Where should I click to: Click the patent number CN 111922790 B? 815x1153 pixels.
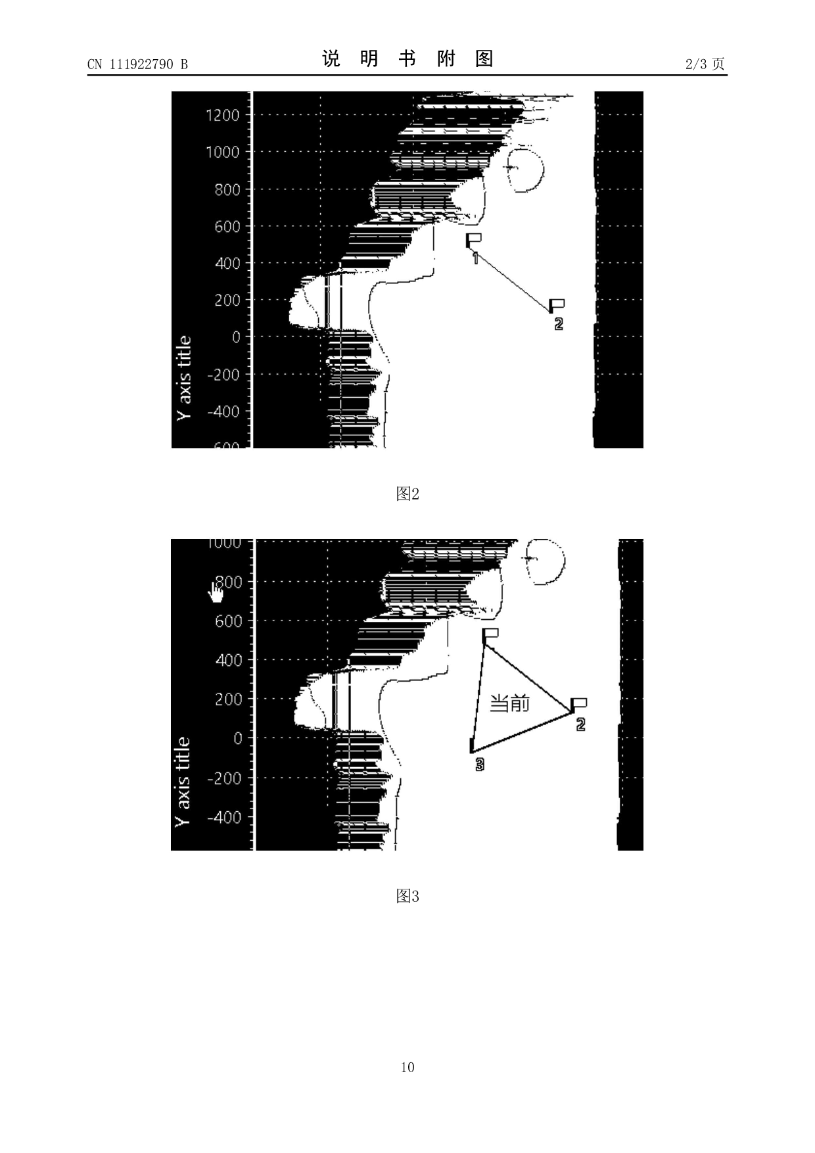(x=137, y=64)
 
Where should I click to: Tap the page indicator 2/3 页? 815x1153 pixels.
(x=705, y=64)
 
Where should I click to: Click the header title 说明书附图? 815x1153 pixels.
(x=407, y=59)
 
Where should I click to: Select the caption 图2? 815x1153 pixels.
(x=407, y=494)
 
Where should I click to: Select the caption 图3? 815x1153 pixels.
(x=407, y=896)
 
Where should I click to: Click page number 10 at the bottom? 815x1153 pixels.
(x=407, y=1067)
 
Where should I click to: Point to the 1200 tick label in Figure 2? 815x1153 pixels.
(x=222, y=116)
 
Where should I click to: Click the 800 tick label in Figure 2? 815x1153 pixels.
(x=227, y=190)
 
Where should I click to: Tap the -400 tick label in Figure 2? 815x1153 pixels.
(x=223, y=412)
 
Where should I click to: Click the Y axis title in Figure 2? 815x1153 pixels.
(x=185, y=378)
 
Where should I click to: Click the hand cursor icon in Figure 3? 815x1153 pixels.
(x=216, y=592)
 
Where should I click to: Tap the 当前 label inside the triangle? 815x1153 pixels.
(x=509, y=704)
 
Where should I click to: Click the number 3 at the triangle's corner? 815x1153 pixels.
(x=480, y=764)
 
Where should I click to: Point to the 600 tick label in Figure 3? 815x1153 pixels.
(x=228, y=621)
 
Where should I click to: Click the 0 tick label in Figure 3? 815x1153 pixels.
(x=237, y=738)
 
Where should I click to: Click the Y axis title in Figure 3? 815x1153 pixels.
(x=182, y=781)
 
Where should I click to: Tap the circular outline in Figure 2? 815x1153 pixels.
(x=526, y=170)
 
